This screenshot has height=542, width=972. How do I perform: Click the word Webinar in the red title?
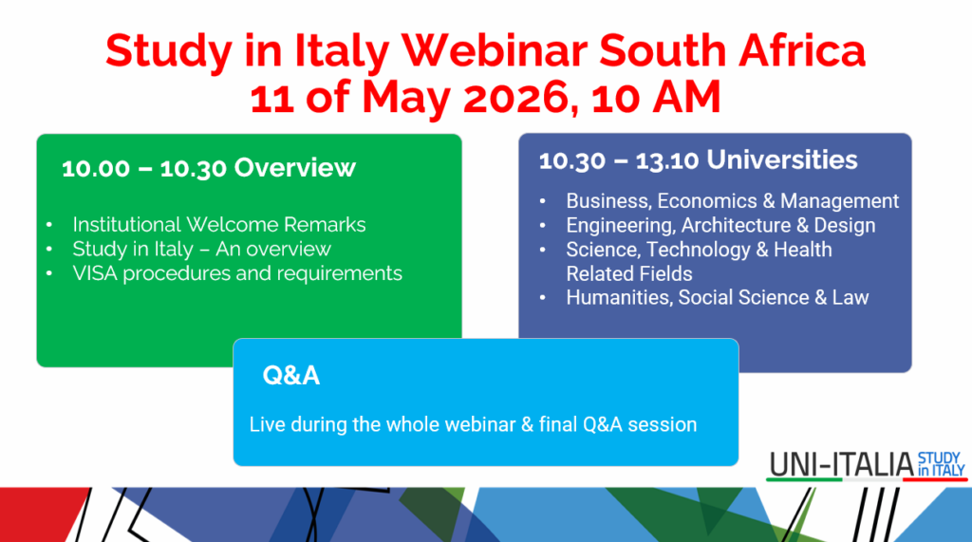pos(494,50)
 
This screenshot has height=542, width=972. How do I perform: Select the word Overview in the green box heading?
pos(295,167)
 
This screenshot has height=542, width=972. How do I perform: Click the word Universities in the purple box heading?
pos(782,160)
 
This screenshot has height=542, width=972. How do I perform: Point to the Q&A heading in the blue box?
pos(291,375)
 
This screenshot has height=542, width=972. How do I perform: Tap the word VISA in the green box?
pos(95,273)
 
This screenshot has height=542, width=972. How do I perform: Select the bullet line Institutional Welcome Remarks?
pos(219,225)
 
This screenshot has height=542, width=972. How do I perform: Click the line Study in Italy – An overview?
pos(201,249)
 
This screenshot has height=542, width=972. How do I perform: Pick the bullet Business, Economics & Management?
pos(732,201)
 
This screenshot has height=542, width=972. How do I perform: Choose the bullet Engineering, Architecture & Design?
pos(720,225)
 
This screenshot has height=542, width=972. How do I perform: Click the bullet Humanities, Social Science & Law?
pos(718,298)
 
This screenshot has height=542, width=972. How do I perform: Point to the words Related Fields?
pos(629,273)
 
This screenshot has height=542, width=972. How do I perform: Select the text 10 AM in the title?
pos(656,98)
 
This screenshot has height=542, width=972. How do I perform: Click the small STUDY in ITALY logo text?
pos(941,464)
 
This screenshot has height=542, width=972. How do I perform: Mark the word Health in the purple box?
pos(803,250)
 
